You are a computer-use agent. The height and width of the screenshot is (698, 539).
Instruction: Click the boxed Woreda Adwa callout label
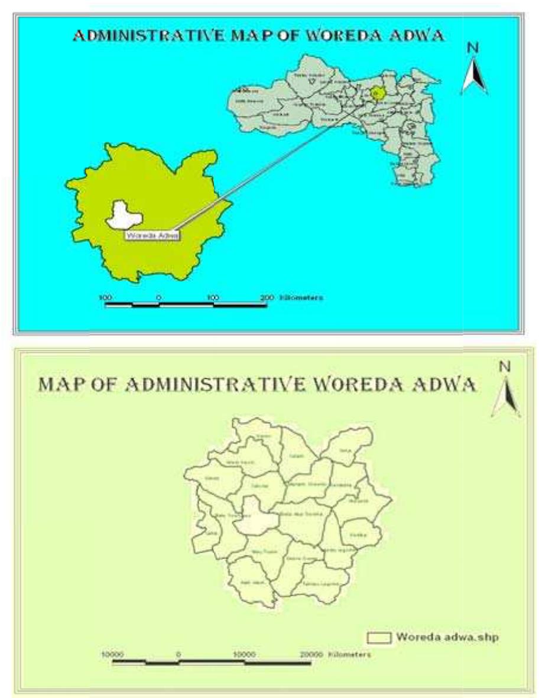pos(152,235)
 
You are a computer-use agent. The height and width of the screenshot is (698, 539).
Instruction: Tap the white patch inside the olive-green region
pos(123,215)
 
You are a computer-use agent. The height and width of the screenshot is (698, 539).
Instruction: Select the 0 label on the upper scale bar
pos(158,298)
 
